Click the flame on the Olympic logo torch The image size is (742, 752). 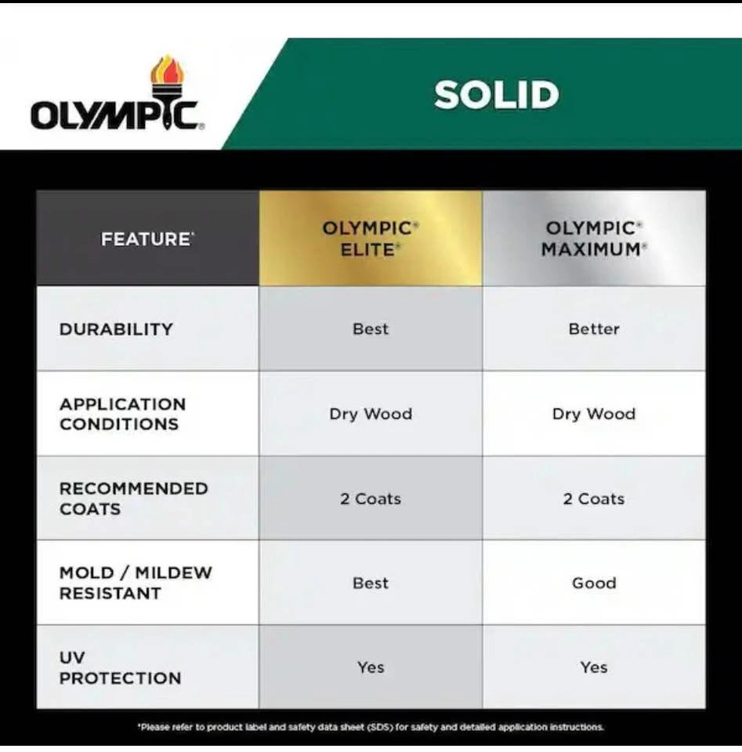click(167, 70)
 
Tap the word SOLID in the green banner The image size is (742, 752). click(497, 95)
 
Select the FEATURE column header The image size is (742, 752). click(148, 239)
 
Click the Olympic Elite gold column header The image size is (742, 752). click(371, 238)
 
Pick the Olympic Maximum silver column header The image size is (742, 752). click(594, 238)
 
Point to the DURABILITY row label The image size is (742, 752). click(116, 329)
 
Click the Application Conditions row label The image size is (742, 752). click(122, 414)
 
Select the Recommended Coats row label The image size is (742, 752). click(134, 498)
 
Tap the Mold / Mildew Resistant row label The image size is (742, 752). click(136, 583)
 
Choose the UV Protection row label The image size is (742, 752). click(121, 667)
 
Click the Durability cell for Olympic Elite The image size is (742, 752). click(371, 329)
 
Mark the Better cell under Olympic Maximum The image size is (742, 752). click(594, 329)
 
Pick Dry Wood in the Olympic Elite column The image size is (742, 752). click(371, 414)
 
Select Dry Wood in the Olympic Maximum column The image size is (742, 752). click(594, 414)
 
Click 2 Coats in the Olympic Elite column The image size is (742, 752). click(371, 499)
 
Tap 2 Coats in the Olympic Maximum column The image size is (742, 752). click(594, 499)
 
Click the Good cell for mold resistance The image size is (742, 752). click(594, 583)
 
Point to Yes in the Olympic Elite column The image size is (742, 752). click(371, 667)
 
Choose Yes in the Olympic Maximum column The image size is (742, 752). click(594, 667)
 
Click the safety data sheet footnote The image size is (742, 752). click(371, 727)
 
